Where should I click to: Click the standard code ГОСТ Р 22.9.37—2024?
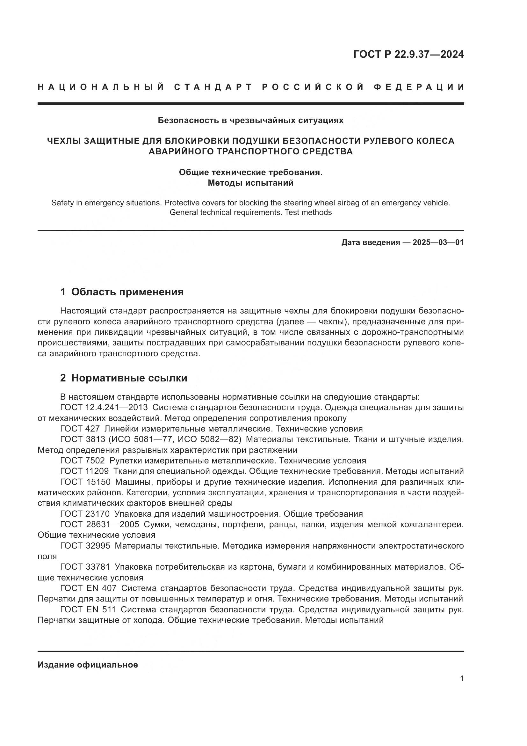[408, 54]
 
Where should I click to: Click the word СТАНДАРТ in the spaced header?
[213, 87]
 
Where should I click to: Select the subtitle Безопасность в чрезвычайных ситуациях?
[250, 121]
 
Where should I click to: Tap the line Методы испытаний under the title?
[250, 183]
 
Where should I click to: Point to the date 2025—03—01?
[438, 242]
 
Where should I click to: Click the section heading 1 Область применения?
[122, 292]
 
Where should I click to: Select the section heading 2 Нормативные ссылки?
[124, 378]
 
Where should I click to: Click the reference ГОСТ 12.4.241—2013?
[104, 407]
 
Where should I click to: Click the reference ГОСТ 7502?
[83, 461]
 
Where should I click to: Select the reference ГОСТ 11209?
[84, 471]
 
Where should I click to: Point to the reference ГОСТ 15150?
[85, 482]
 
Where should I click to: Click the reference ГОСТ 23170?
[85, 514]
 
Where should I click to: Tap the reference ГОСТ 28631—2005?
[100, 524]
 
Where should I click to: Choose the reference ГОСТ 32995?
[85, 546]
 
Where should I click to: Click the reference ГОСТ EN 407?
[88, 588]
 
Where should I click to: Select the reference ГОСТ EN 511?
[88, 609]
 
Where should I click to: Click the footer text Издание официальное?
[88, 665]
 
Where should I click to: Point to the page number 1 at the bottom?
[462, 679]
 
